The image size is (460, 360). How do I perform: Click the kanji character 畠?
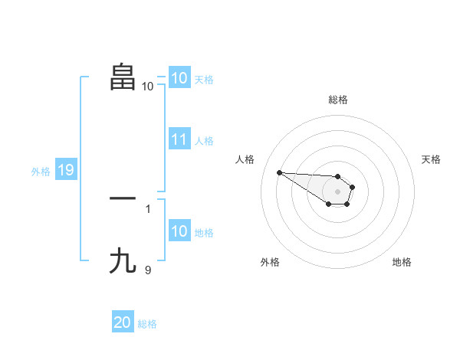pos(123,77)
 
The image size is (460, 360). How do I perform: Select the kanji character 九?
pos(123,261)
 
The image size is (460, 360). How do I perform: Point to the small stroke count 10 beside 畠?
pos(147,87)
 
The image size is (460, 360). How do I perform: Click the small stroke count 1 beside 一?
pos(148,208)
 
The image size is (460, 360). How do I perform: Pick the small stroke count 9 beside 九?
pos(148,270)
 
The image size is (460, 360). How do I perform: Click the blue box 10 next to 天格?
pos(179,78)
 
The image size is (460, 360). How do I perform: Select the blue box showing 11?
pos(179,139)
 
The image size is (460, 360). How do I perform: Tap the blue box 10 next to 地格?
pos(179,231)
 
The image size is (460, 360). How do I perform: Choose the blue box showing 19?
pos(65,170)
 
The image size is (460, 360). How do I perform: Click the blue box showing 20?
pos(122,322)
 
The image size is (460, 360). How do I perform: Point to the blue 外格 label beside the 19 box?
pos(41,172)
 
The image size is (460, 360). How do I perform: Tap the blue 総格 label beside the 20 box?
pos(147,324)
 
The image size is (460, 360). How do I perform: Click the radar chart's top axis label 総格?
pos(337,100)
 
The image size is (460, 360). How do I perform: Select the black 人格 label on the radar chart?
pos(245,159)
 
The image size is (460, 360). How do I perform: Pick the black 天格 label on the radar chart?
pos(431,159)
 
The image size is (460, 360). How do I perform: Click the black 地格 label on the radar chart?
pos(402,262)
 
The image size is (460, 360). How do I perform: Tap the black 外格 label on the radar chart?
pos(270,262)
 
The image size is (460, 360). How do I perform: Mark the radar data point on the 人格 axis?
pos(279,172)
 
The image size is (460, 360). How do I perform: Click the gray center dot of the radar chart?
pos(337,191)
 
